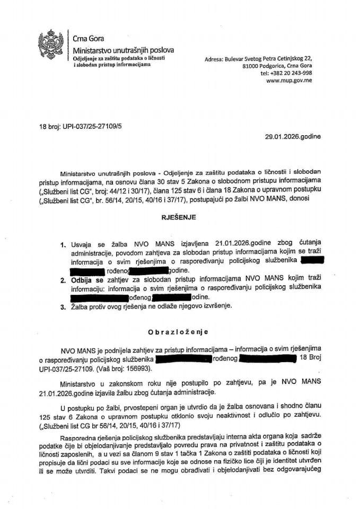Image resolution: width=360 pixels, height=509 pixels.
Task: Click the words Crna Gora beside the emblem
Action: coord(89,39)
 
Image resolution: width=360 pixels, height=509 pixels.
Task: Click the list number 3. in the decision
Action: coord(63,306)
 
